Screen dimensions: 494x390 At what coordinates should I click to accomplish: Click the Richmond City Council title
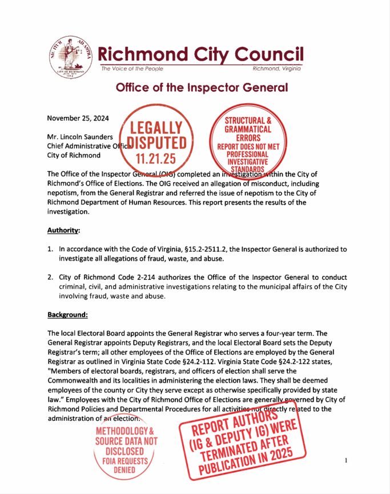(x=200, y=54)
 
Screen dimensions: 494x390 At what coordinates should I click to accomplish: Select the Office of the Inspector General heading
(x=202, y=88)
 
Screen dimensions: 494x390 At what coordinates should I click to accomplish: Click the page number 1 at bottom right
(x=347, y=459)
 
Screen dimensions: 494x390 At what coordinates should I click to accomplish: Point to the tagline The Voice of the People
(x=132, y=69)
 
